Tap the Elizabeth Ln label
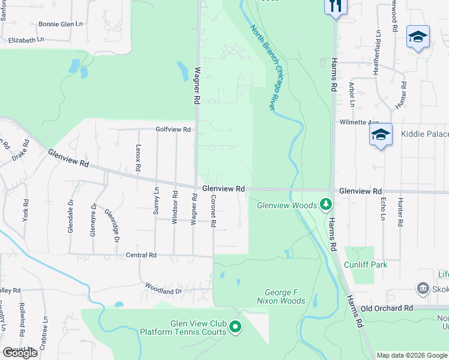tap(26, 40)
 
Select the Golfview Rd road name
tap(173, 129)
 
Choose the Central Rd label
tap(141, 255)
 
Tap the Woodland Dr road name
tap(163, 291)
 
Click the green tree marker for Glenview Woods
tap(326, 205)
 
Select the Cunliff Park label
tap(366, 265)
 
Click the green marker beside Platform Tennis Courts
tap(235, 328)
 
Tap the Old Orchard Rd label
tap(387, 308)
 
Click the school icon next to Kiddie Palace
tap(381, 135)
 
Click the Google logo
tap(20, 353)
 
